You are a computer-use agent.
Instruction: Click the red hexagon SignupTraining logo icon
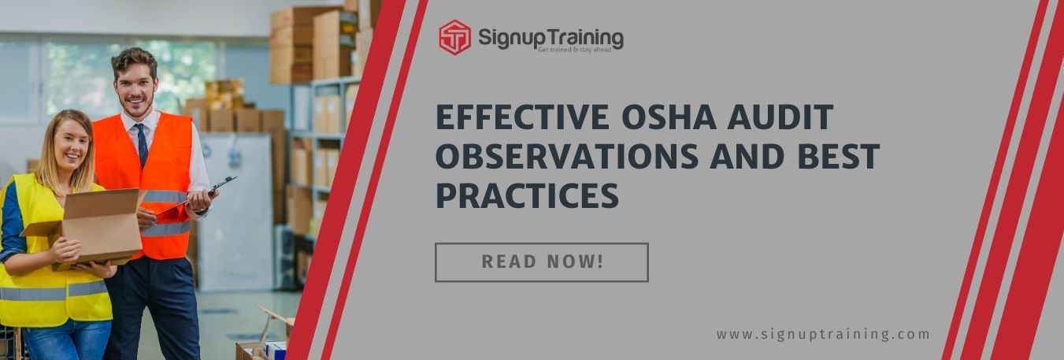tap(454, 37)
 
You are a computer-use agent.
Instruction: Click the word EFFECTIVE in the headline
tap(521, 117)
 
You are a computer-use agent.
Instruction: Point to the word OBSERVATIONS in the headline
tap(566, 157)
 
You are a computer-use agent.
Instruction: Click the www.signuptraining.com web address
tap(823, 334)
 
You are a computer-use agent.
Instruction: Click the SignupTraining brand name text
tap(551, 35)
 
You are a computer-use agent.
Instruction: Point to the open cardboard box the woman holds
tap(87, 228)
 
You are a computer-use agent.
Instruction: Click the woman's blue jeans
tap(67, 340)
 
